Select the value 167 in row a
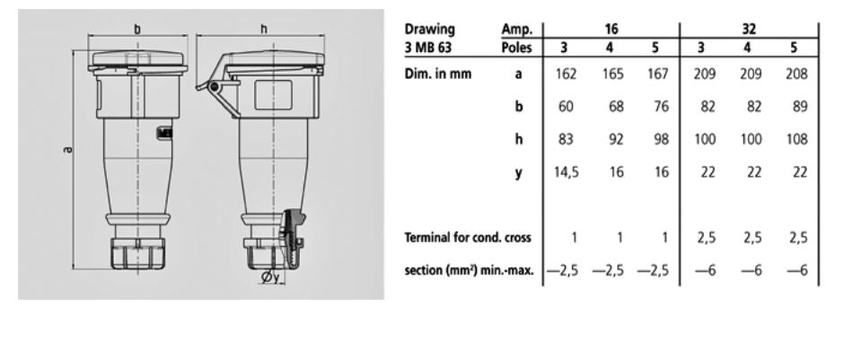tap(658, 75)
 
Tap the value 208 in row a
tap(795, 75)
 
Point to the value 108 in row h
tap(795, 139)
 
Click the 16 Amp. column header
tap(611, 30)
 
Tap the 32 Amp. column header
tap(750, 30)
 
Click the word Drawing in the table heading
tap(430, 30)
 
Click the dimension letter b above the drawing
tap(137, 30)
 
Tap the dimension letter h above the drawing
tap(264, 30)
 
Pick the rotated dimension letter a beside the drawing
tap(67, 148)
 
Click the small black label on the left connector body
tap(163, 133)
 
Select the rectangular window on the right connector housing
tap(269, 95)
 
